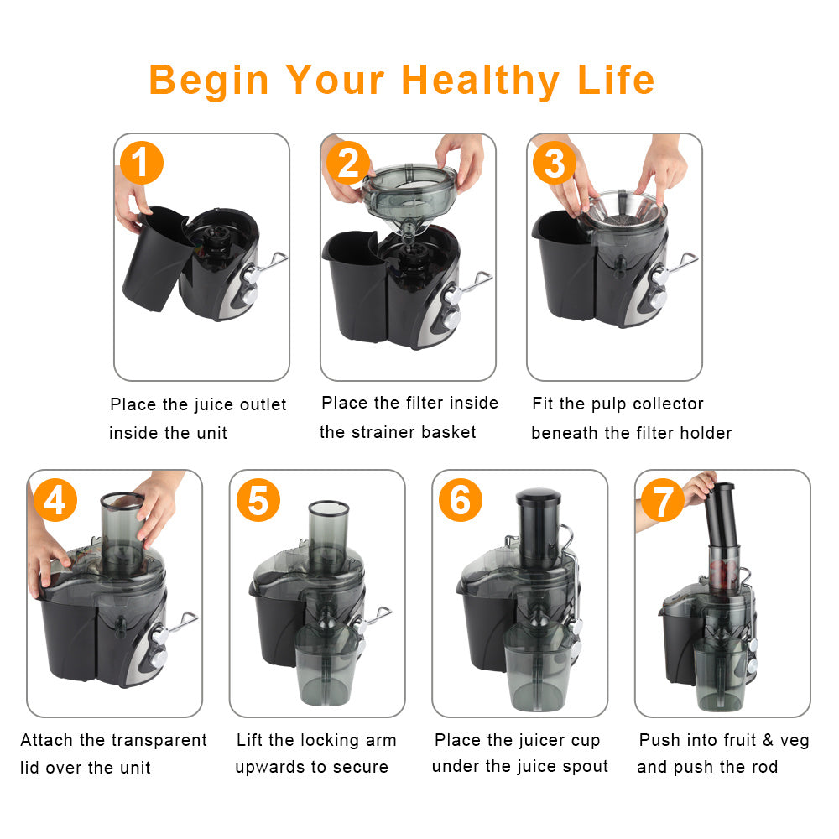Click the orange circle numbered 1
(x=141, y=163)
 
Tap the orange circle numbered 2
(x=347, y=163)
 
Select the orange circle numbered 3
(x=554, y=163)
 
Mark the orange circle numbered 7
(x=663, y=502)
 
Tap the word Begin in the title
(x=209, y=81)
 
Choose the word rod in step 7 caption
(x=764, y=766)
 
